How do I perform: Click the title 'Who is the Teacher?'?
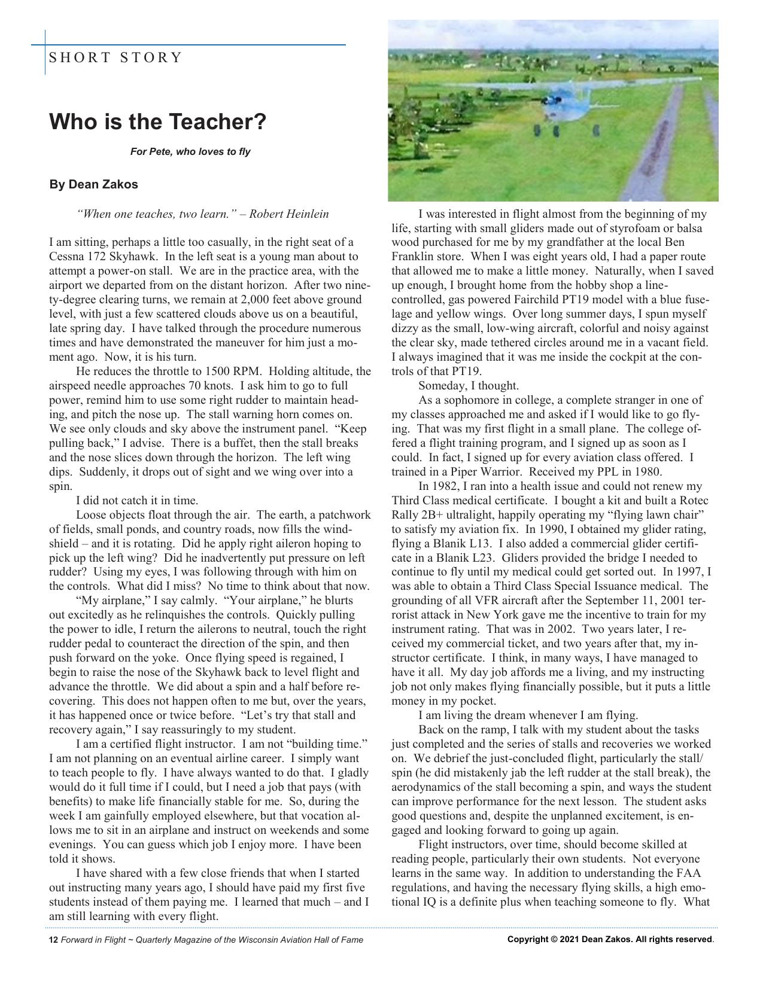click(x=157, y=122)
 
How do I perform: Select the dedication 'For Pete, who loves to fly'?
click(x=190, y=151)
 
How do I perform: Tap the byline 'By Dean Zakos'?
click(x=93, y=184)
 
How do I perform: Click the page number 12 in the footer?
click(x=53, y=940)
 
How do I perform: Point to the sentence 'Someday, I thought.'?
click(x=468, y=386)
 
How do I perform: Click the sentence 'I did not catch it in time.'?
click(x=137, y=501)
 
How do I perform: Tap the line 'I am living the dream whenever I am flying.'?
click(x=528, y=715)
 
